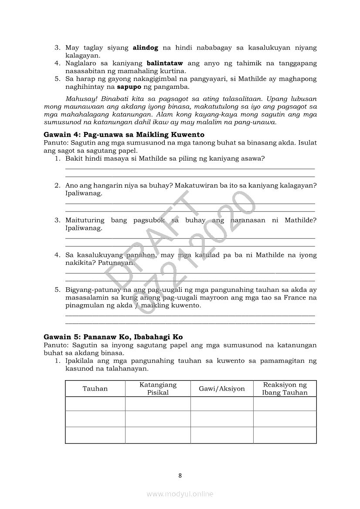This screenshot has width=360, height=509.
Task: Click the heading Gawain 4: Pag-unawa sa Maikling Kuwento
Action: coord(124,135)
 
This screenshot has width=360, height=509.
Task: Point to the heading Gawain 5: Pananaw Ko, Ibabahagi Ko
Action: coord(113,337)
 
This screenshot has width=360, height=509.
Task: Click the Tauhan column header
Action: coord(95,388)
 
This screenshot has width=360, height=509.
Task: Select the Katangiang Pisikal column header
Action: coord(158,388)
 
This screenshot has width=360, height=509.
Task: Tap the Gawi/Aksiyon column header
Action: coord(222,388)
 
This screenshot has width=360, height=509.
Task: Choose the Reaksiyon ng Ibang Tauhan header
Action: coord(285,388)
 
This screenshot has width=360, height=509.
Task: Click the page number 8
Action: coord(180,475)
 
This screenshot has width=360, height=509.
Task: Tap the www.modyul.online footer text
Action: coord(180,494)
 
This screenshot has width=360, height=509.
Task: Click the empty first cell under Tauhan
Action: coord(95,404)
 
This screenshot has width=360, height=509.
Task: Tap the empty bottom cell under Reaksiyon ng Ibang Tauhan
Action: coord(285,435)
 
